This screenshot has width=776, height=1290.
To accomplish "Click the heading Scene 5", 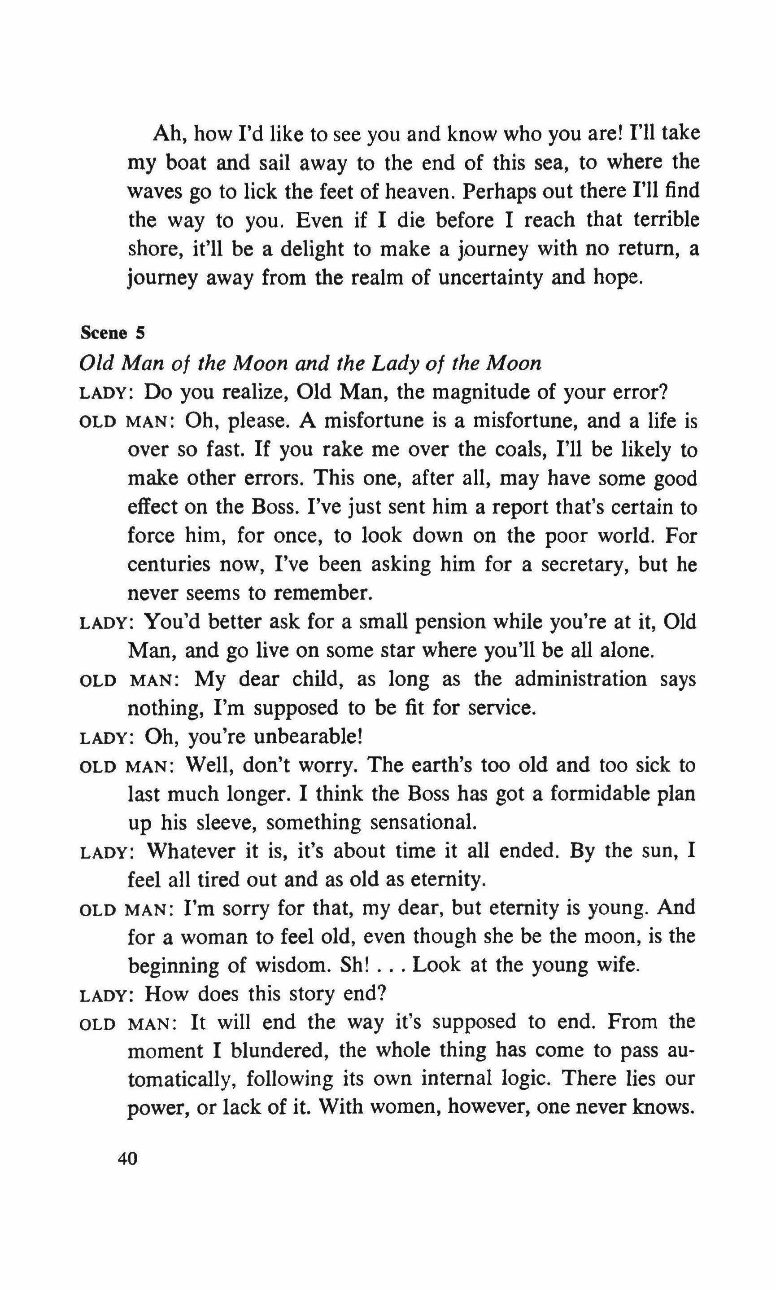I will (113, 333).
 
